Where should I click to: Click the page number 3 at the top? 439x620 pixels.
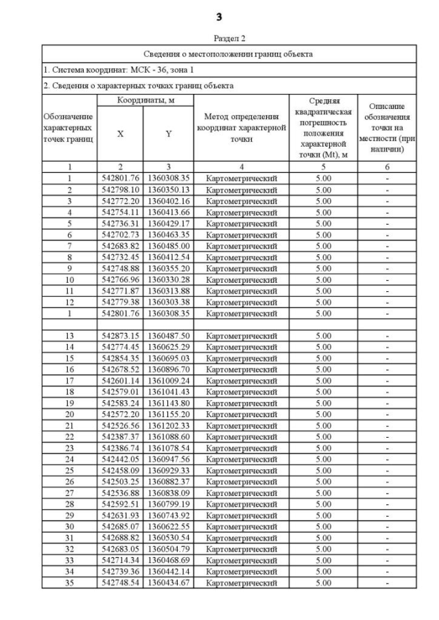219,16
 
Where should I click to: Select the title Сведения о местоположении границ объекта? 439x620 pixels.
228,53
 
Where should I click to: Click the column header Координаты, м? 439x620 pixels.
144,101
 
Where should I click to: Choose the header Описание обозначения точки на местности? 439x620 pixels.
386,128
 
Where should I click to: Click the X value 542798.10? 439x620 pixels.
120,189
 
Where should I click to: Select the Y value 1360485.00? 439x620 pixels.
168,245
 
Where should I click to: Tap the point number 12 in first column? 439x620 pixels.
69,301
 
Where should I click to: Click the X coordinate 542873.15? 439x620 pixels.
120,336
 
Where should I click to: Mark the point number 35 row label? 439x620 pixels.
69,582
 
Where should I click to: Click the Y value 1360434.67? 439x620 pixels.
168,582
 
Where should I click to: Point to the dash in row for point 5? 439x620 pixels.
386,223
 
